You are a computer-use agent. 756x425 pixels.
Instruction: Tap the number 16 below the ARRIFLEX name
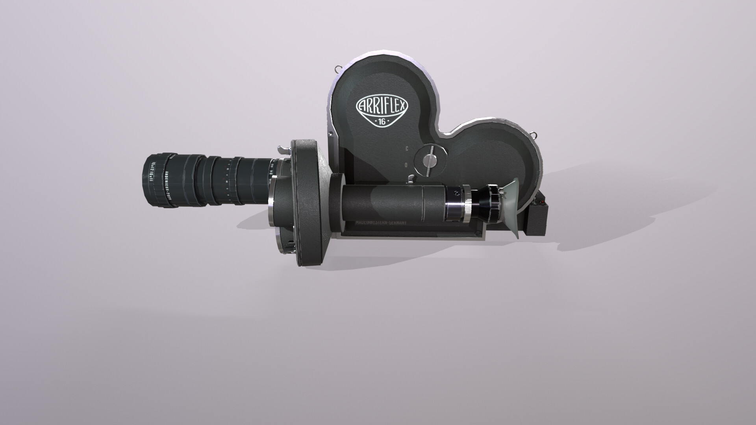382,122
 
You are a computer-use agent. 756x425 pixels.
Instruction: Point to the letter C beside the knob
406,149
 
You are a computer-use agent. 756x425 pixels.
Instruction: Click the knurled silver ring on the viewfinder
467,206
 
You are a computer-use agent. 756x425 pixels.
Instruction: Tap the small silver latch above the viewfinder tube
411,179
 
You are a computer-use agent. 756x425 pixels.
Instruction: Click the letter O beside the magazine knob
406,165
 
